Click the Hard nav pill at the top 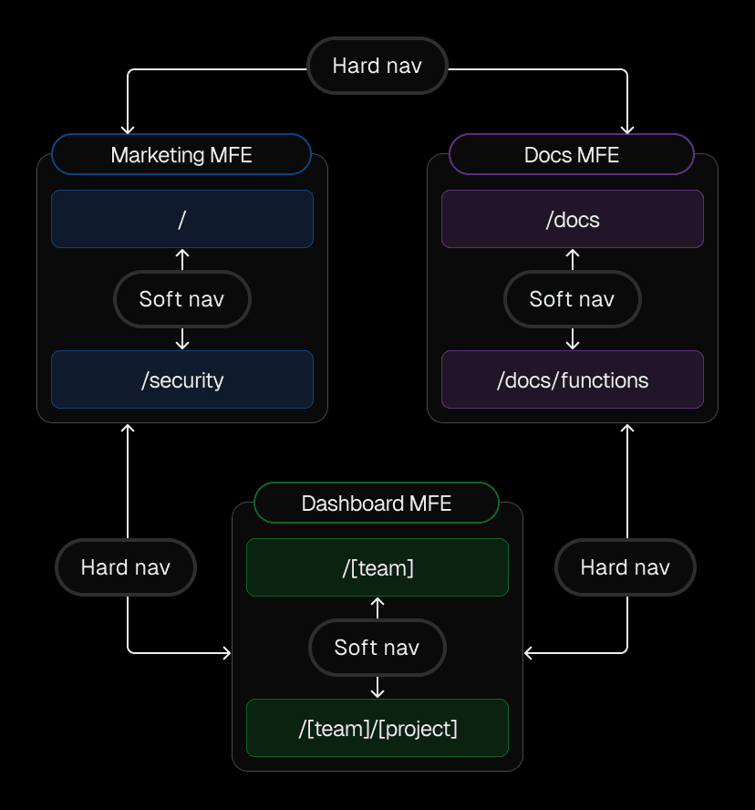pos(377,66)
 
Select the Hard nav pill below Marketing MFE pos(126,567)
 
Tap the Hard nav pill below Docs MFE pos(626,567)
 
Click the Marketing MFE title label pos(181,154)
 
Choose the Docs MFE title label pos(572,154)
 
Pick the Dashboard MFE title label pos(377,503)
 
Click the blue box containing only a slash pos(182,219)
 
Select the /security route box pos(182,379)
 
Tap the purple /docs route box pos(573,219)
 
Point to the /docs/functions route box pos(573,379)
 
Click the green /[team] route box pos(377,567)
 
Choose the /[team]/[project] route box pos(377,728)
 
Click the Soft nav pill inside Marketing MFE pos(181,299)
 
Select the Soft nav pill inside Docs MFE pos(572,299)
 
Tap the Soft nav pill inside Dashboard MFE pos(377,648)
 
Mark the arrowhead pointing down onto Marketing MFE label pos(128,130)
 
